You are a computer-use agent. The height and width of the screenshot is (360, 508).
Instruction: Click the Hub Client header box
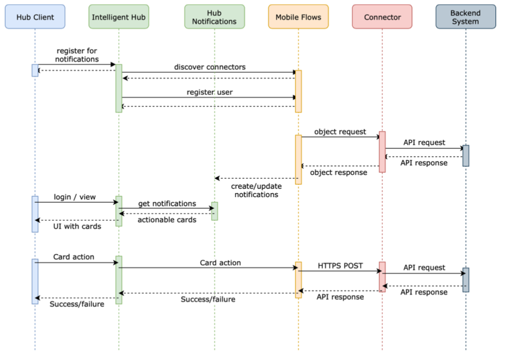pyautogui.click(x=35, y=17)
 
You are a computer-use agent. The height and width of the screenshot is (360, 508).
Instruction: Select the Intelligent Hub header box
pyautogui.click(x=119, y=17)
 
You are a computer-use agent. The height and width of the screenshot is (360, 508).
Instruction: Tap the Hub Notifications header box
pyautogui.click(x=214, y=17)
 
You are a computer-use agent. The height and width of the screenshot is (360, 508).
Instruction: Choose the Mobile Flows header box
pyautogui.click(x=298, y=17)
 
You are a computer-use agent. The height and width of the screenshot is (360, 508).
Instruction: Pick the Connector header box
pyautogui.click(x=382, y=17)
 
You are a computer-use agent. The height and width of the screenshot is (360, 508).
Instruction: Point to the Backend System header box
pyautogui.click(x=465, y=17)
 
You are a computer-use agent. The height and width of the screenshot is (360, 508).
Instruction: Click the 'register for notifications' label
pyautogui.click(x=77, y=55)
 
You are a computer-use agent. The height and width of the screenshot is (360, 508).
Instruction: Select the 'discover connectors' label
pyautogui.click(x=210, y=67)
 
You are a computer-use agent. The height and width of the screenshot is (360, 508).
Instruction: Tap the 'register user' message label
pyautogui.click(x=210, y=92)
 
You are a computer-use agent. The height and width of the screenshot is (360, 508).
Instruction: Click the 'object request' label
pyautogui.click(x=340, y=132)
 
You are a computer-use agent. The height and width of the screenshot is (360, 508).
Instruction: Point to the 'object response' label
pyautogui.click(x=338, y=172)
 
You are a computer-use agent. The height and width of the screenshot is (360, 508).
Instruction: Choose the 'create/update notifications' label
pyautogui.click(x=256, y=190)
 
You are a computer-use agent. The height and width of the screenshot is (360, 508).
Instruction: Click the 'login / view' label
pyautogui.click(x=74, y=197)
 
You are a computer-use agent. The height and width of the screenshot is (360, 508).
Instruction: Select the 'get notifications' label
pyautogui.click(x=167, y=204)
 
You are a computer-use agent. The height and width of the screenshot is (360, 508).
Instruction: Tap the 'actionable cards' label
pyautogui.click(x=167, y=220)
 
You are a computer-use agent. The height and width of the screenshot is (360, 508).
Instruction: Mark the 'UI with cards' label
pyautogui.click(x=77, y=226)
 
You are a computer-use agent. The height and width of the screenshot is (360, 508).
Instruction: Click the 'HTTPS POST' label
pyautogui.click(x=340, y=266)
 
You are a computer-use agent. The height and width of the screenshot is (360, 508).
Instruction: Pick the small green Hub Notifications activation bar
pyautogui.click(x=214, y=211)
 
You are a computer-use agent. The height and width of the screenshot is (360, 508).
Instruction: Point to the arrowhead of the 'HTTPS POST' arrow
pyautogui.click(x=380, y=271)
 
